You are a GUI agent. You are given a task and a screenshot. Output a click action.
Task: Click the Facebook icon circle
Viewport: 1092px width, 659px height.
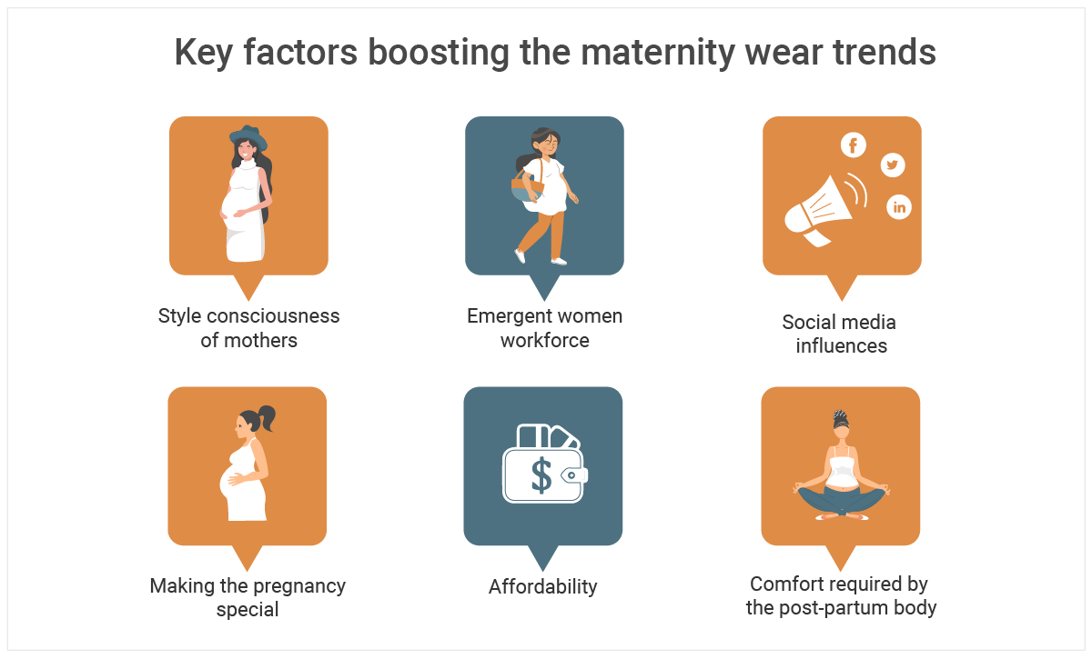click(x=854, y=145)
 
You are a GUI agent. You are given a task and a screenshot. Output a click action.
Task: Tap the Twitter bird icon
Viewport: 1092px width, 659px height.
click(x=893, y=165)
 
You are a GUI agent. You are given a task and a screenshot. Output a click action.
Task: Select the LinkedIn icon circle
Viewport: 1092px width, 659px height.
click(x=899, y=207)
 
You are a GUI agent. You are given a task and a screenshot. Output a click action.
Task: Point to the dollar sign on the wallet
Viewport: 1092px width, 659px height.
click(x=541, y=476)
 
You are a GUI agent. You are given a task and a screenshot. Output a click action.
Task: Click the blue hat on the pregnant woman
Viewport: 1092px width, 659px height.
click(x=248, y=137)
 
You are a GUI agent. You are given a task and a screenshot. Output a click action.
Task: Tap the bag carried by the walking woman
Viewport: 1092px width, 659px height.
click(x=527, y=186)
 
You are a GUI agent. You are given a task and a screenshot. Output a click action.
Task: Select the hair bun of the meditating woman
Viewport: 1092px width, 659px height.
click(x=840, y=417)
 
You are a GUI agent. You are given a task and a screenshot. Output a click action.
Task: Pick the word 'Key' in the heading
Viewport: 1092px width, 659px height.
click(x=204, y=53)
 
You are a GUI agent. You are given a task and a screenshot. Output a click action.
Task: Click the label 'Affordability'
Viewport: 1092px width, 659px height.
click(x=542, y=586)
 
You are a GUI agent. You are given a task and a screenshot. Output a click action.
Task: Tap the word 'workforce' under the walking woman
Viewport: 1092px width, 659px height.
click(x=544, y=341)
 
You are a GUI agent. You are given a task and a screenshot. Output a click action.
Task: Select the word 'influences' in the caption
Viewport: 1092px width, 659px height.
click(x=842, y=345)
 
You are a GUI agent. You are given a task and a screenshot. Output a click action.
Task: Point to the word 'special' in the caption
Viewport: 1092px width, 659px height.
click(x=248, y=609)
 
